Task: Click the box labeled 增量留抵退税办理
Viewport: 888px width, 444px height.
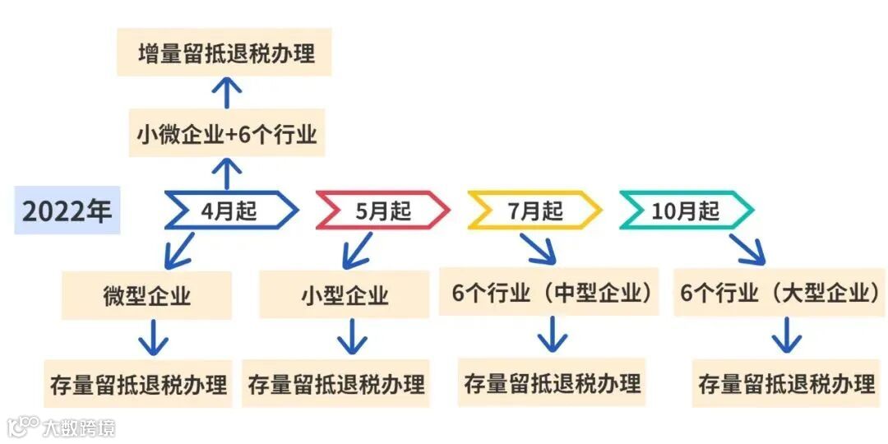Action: pos(224,53)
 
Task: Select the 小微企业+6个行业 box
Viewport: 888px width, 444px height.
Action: pos(226,133)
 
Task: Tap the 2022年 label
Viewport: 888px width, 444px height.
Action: pos(67,210)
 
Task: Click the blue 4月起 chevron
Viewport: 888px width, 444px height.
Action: pos(230,210)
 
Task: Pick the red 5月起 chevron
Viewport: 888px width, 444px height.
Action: pos(382,210)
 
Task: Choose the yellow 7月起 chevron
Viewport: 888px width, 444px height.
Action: pos(534,210)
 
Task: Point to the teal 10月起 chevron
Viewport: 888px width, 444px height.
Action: pos(686,210)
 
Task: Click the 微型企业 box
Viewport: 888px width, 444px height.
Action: pos(146,295)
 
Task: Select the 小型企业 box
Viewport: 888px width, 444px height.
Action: pos(344,295)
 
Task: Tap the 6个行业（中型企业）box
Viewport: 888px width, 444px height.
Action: pos(548,292)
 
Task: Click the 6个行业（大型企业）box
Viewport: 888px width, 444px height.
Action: pos(781,293)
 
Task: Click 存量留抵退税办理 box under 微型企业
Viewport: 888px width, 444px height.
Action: pos(138,383)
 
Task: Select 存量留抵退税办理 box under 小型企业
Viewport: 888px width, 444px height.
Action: pos(336,383)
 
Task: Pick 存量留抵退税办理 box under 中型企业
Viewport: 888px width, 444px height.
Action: pos(552,382)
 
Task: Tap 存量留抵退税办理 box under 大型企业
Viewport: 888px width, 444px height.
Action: pos(786,383)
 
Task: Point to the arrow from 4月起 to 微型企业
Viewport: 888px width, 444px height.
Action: pos(179,250)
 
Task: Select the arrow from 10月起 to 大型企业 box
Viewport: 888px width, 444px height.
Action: pos(747,247)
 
